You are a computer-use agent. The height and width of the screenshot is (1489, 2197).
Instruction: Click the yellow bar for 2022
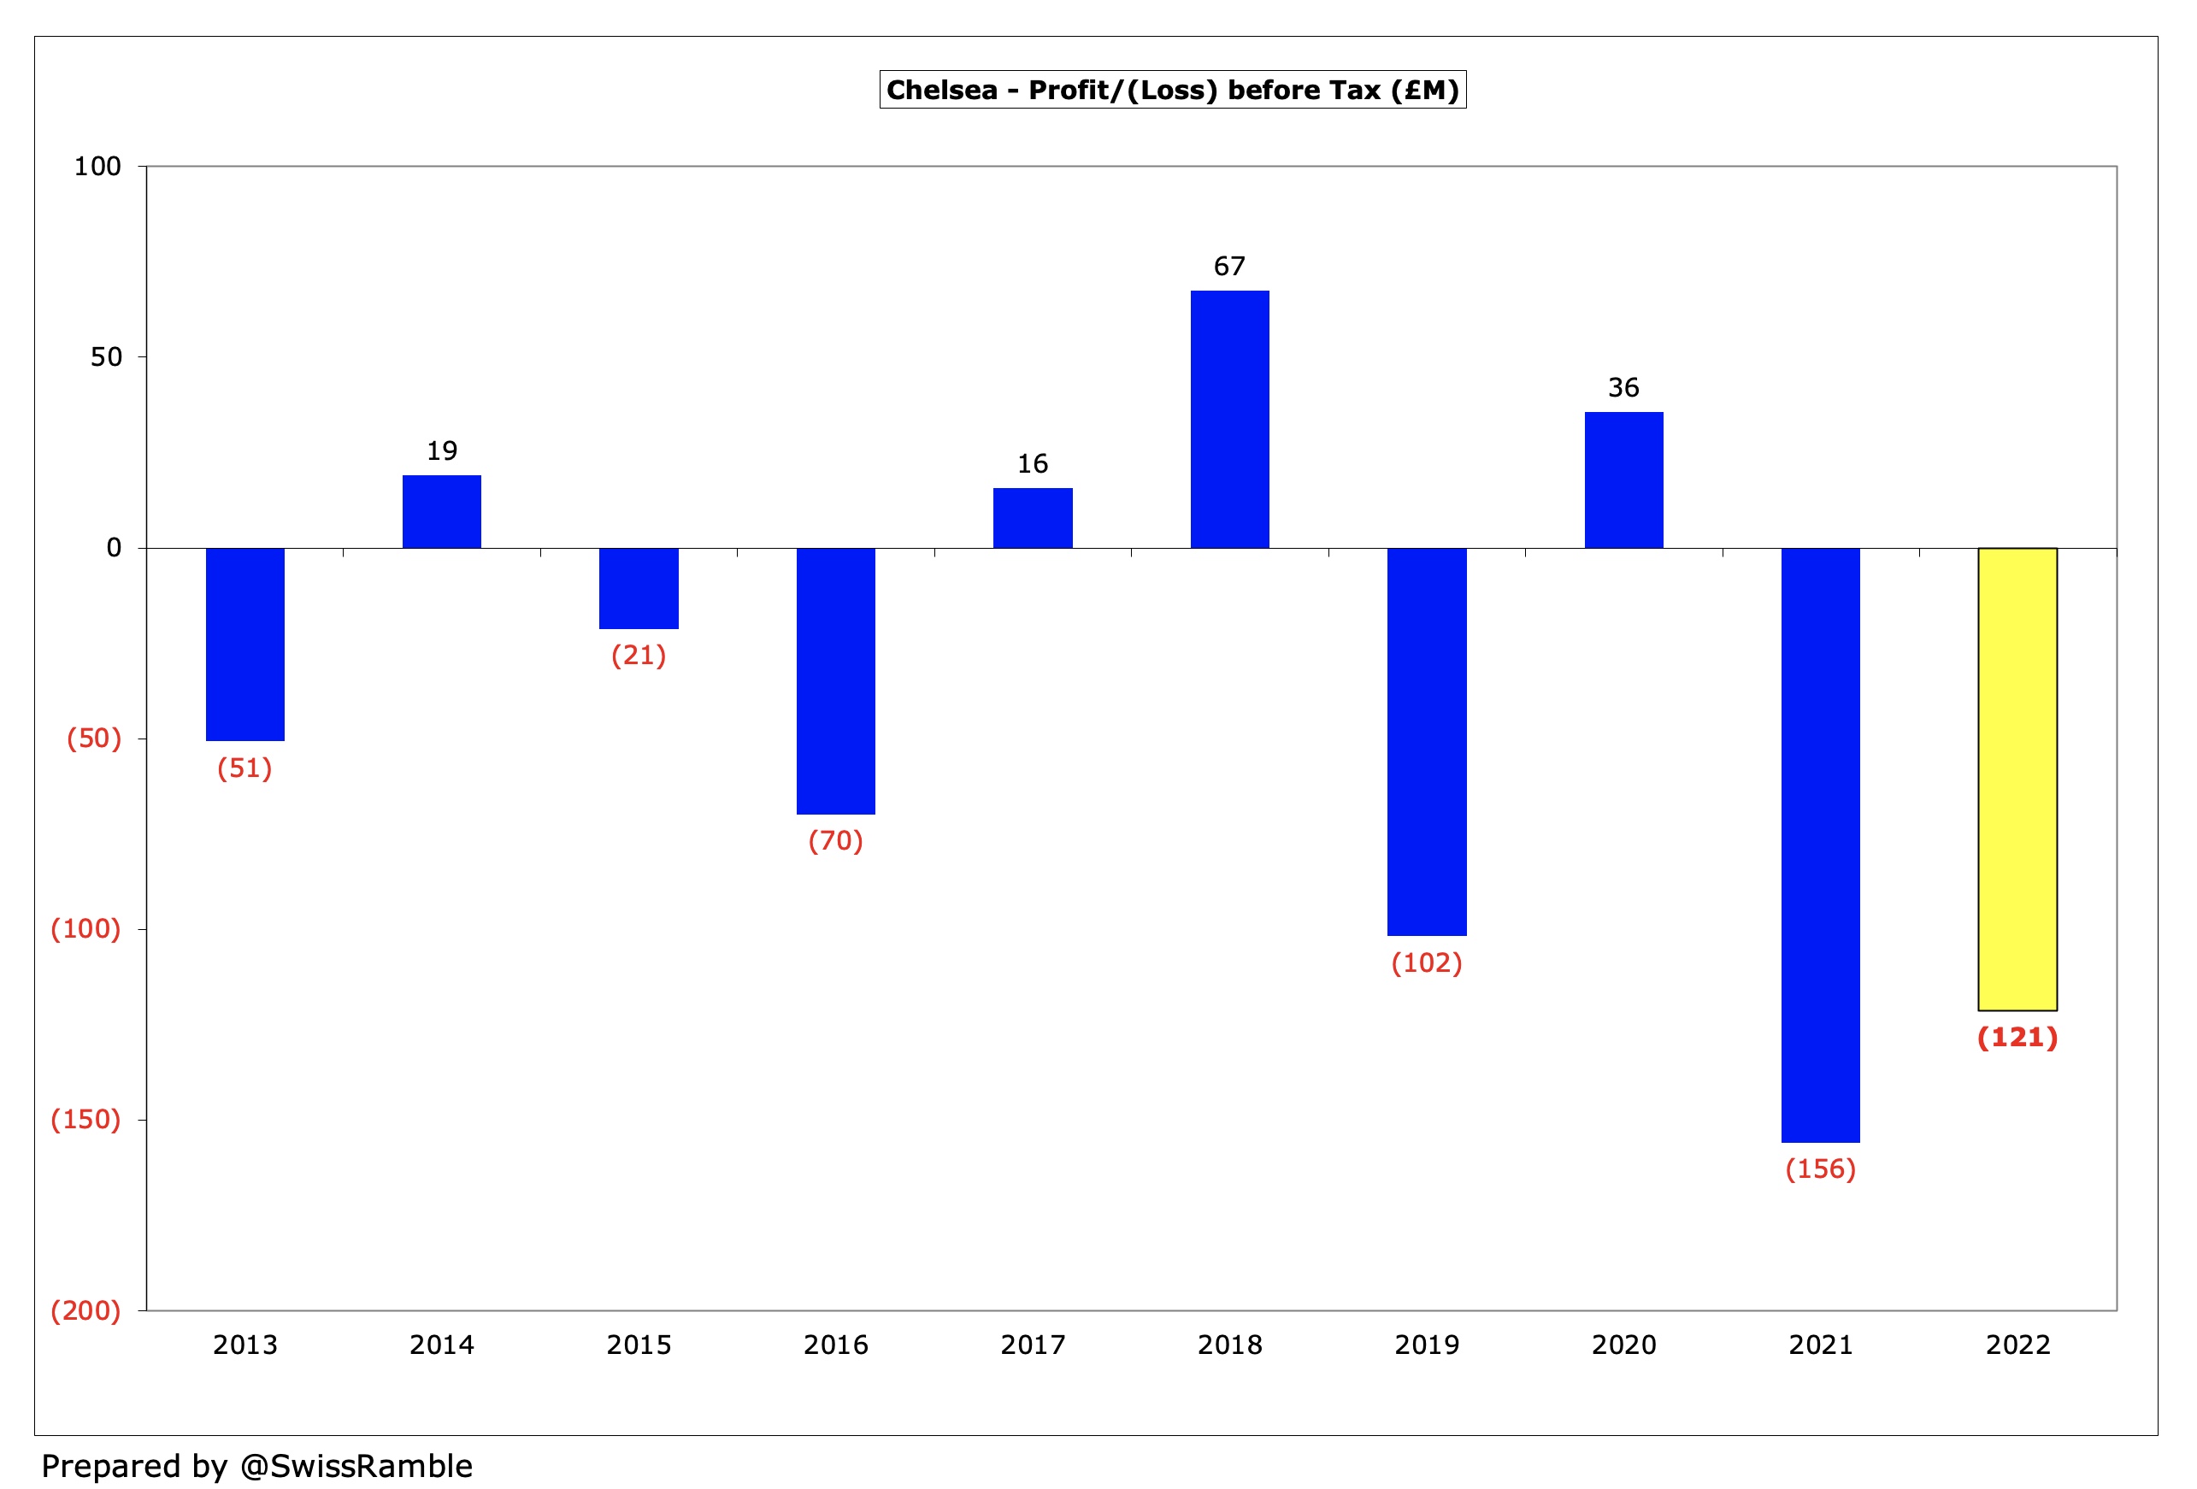[2017, 779]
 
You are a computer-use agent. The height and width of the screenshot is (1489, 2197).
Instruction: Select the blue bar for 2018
[1229, 419]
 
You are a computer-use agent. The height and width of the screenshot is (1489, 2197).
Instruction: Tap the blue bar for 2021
[1820, 845]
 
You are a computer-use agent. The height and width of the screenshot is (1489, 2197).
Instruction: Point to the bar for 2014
[441, 511]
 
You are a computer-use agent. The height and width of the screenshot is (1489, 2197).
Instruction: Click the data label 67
[1229, 267]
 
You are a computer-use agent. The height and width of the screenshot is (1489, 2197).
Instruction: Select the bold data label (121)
[2017, 1037]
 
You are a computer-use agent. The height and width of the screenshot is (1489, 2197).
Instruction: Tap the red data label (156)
[1820, 1168]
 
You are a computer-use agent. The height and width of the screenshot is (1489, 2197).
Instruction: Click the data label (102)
[1426, 962]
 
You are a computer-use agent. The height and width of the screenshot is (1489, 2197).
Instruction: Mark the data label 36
[1623, 387]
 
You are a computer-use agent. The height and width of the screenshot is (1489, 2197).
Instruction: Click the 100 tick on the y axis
[97, 167]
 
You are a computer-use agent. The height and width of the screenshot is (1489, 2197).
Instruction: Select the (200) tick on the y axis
[85, 1310]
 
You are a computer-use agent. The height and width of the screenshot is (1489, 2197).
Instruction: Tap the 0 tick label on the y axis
[114, 547]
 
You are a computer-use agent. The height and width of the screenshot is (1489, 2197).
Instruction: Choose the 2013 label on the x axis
[244, 1345]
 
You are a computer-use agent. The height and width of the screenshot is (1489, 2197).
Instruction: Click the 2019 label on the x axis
[1426, 1345]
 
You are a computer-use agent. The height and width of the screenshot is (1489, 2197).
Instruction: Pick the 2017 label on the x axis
[1033, 1345]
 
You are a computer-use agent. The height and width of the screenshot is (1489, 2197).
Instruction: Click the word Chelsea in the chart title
[940, 90]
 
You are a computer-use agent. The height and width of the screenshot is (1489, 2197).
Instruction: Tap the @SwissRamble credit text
[356, 1465]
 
